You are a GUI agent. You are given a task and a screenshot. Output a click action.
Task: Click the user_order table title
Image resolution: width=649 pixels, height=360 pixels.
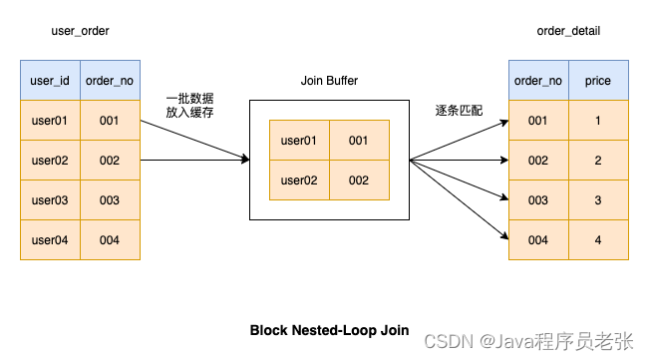click(x=80, y=31)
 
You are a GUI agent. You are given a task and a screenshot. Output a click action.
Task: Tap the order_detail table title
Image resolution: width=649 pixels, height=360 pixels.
click(x=568, y=31)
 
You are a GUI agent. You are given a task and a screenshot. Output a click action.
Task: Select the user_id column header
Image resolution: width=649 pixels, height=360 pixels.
click(x=50, y=80)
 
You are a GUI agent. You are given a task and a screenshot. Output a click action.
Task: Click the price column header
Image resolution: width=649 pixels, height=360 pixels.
click(x=598, y=80)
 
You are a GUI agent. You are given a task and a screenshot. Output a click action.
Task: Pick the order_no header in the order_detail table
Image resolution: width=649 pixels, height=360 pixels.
click(x=538, y=80)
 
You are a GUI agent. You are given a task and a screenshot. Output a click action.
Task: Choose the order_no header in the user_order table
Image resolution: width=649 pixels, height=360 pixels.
click(x=110, y=80)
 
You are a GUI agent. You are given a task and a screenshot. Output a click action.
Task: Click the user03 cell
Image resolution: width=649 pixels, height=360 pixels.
click(x=50, y=199)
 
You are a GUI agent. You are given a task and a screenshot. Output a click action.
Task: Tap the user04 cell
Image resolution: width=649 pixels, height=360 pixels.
click(x=50, y=239)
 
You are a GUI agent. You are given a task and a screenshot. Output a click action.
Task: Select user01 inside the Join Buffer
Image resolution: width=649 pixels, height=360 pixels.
click(x=299, y=141)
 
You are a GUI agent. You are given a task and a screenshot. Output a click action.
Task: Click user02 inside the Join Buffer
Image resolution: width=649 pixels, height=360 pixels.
click(x=299, y=180)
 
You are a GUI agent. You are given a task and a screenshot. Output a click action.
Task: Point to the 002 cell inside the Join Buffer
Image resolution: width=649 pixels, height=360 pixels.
click(x=359, y=180)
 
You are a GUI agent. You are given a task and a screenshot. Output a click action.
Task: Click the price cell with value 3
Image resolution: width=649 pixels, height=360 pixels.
click(x=598, y=199)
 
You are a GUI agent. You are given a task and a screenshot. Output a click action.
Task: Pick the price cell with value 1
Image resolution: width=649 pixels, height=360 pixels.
click(x=598, y=120)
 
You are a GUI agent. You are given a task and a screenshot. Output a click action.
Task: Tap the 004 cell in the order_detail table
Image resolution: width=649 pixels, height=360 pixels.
click(x=538, y=239)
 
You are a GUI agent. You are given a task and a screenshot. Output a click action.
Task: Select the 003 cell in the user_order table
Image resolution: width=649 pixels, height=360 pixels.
click(x=110, y=199)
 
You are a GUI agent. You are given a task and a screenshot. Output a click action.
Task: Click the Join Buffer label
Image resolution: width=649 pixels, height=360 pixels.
click(x=329, y=80)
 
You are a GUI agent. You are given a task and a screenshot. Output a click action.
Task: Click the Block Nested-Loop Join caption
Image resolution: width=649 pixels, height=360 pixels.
click(x=329, y=330)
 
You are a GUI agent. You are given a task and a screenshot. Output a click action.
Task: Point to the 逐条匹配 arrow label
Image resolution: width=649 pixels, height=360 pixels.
click(x=459, y=110)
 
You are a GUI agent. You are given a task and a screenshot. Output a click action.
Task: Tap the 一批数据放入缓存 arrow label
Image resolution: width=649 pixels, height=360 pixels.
click(x=189, y=106)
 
